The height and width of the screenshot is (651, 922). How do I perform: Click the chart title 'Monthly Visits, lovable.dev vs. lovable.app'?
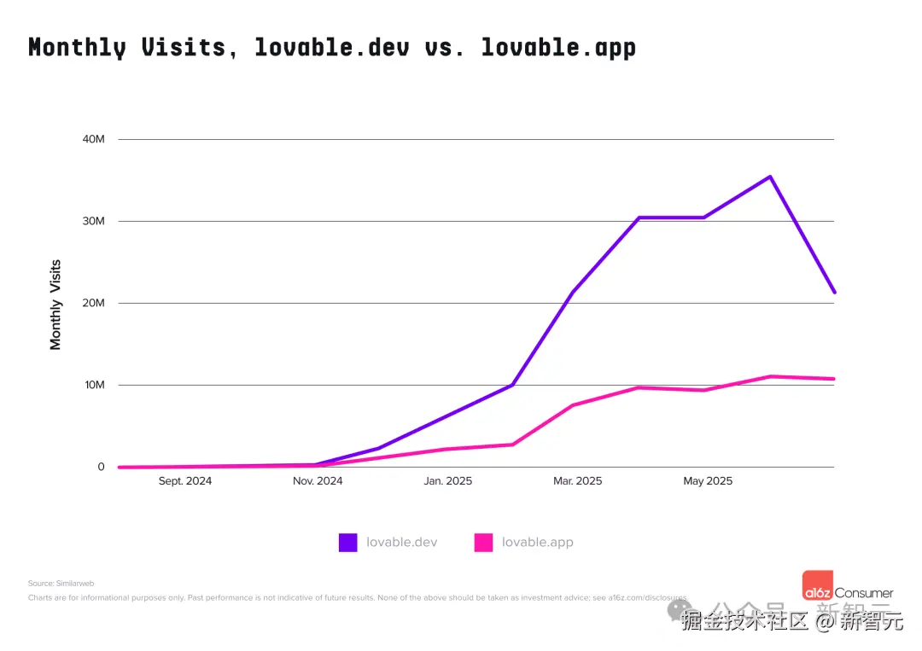(332, 47)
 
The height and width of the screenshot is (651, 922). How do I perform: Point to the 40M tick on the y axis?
(93, 139)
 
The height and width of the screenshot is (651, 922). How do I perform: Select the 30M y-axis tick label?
(93, 221)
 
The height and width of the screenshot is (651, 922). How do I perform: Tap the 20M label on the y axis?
(93, 303)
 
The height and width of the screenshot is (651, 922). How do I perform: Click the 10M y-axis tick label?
(93, 385)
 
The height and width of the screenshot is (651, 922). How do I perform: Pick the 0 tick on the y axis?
(101, 467)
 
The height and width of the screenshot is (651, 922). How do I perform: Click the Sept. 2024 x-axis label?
(185, 481)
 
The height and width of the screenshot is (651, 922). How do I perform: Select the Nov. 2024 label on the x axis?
(318, 481)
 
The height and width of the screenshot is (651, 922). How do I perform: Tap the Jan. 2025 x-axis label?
(447, 481)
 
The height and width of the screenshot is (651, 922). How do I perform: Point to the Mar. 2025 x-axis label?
(577, 481)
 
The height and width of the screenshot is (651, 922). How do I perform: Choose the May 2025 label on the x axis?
(708, 481)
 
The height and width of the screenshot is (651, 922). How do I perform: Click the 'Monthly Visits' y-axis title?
(56, 305)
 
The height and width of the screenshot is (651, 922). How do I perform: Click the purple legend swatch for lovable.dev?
(347, 542)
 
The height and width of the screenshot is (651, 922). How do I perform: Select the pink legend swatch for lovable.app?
(483, 542)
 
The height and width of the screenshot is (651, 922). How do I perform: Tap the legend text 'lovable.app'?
(537, 542)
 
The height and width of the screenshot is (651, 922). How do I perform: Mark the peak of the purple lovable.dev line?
(770, 177)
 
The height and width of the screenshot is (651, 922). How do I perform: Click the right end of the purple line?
(834, 292)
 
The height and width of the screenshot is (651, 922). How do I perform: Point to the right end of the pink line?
(834, 379)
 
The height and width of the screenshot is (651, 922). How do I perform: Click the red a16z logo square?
(817, 584)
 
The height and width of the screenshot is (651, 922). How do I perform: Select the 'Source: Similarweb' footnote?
(61, 584)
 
